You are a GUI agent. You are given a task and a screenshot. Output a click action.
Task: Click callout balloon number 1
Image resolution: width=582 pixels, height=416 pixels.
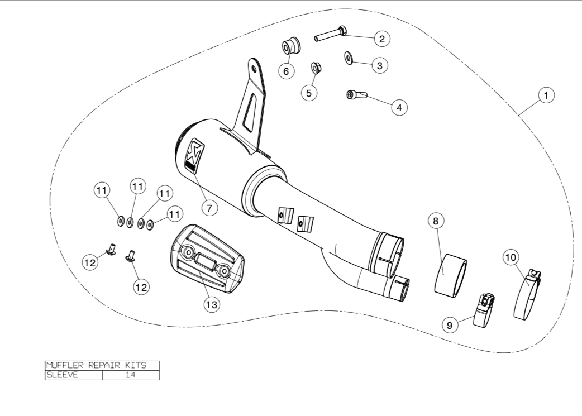coord(546,96)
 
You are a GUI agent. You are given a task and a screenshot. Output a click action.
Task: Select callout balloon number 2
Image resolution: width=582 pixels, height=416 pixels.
coord(382,39)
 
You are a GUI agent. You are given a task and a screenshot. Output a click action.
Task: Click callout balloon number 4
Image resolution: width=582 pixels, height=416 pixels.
coord(399,107)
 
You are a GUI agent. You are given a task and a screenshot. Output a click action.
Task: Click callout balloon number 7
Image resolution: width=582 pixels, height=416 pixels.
coord(209,208)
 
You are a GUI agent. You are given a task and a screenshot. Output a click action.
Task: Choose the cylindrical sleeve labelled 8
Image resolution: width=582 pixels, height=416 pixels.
coord(450,274)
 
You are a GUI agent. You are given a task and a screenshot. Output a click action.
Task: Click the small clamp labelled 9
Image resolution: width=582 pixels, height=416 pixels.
coord(484,311)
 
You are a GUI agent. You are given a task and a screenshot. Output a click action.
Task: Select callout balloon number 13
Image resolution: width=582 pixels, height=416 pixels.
coord(212,304)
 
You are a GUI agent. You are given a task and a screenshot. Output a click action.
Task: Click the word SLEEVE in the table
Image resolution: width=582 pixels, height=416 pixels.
coord(62,375)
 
